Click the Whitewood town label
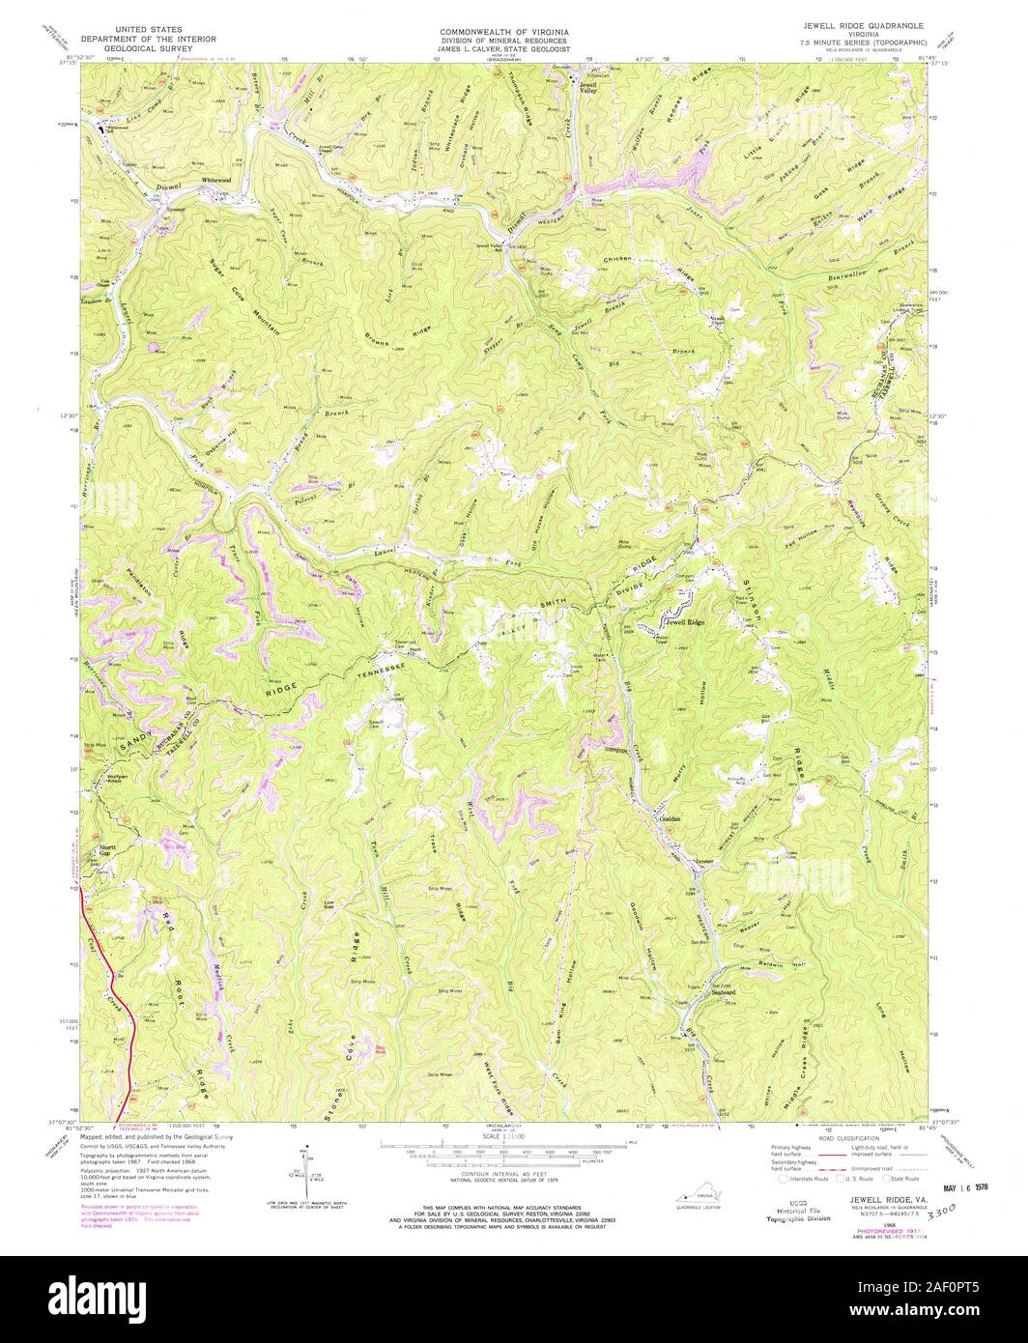tap(215, 181)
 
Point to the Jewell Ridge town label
tap(685, 623)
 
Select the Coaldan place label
tap(671, 820)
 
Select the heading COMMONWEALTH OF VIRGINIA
tap(504, 32)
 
